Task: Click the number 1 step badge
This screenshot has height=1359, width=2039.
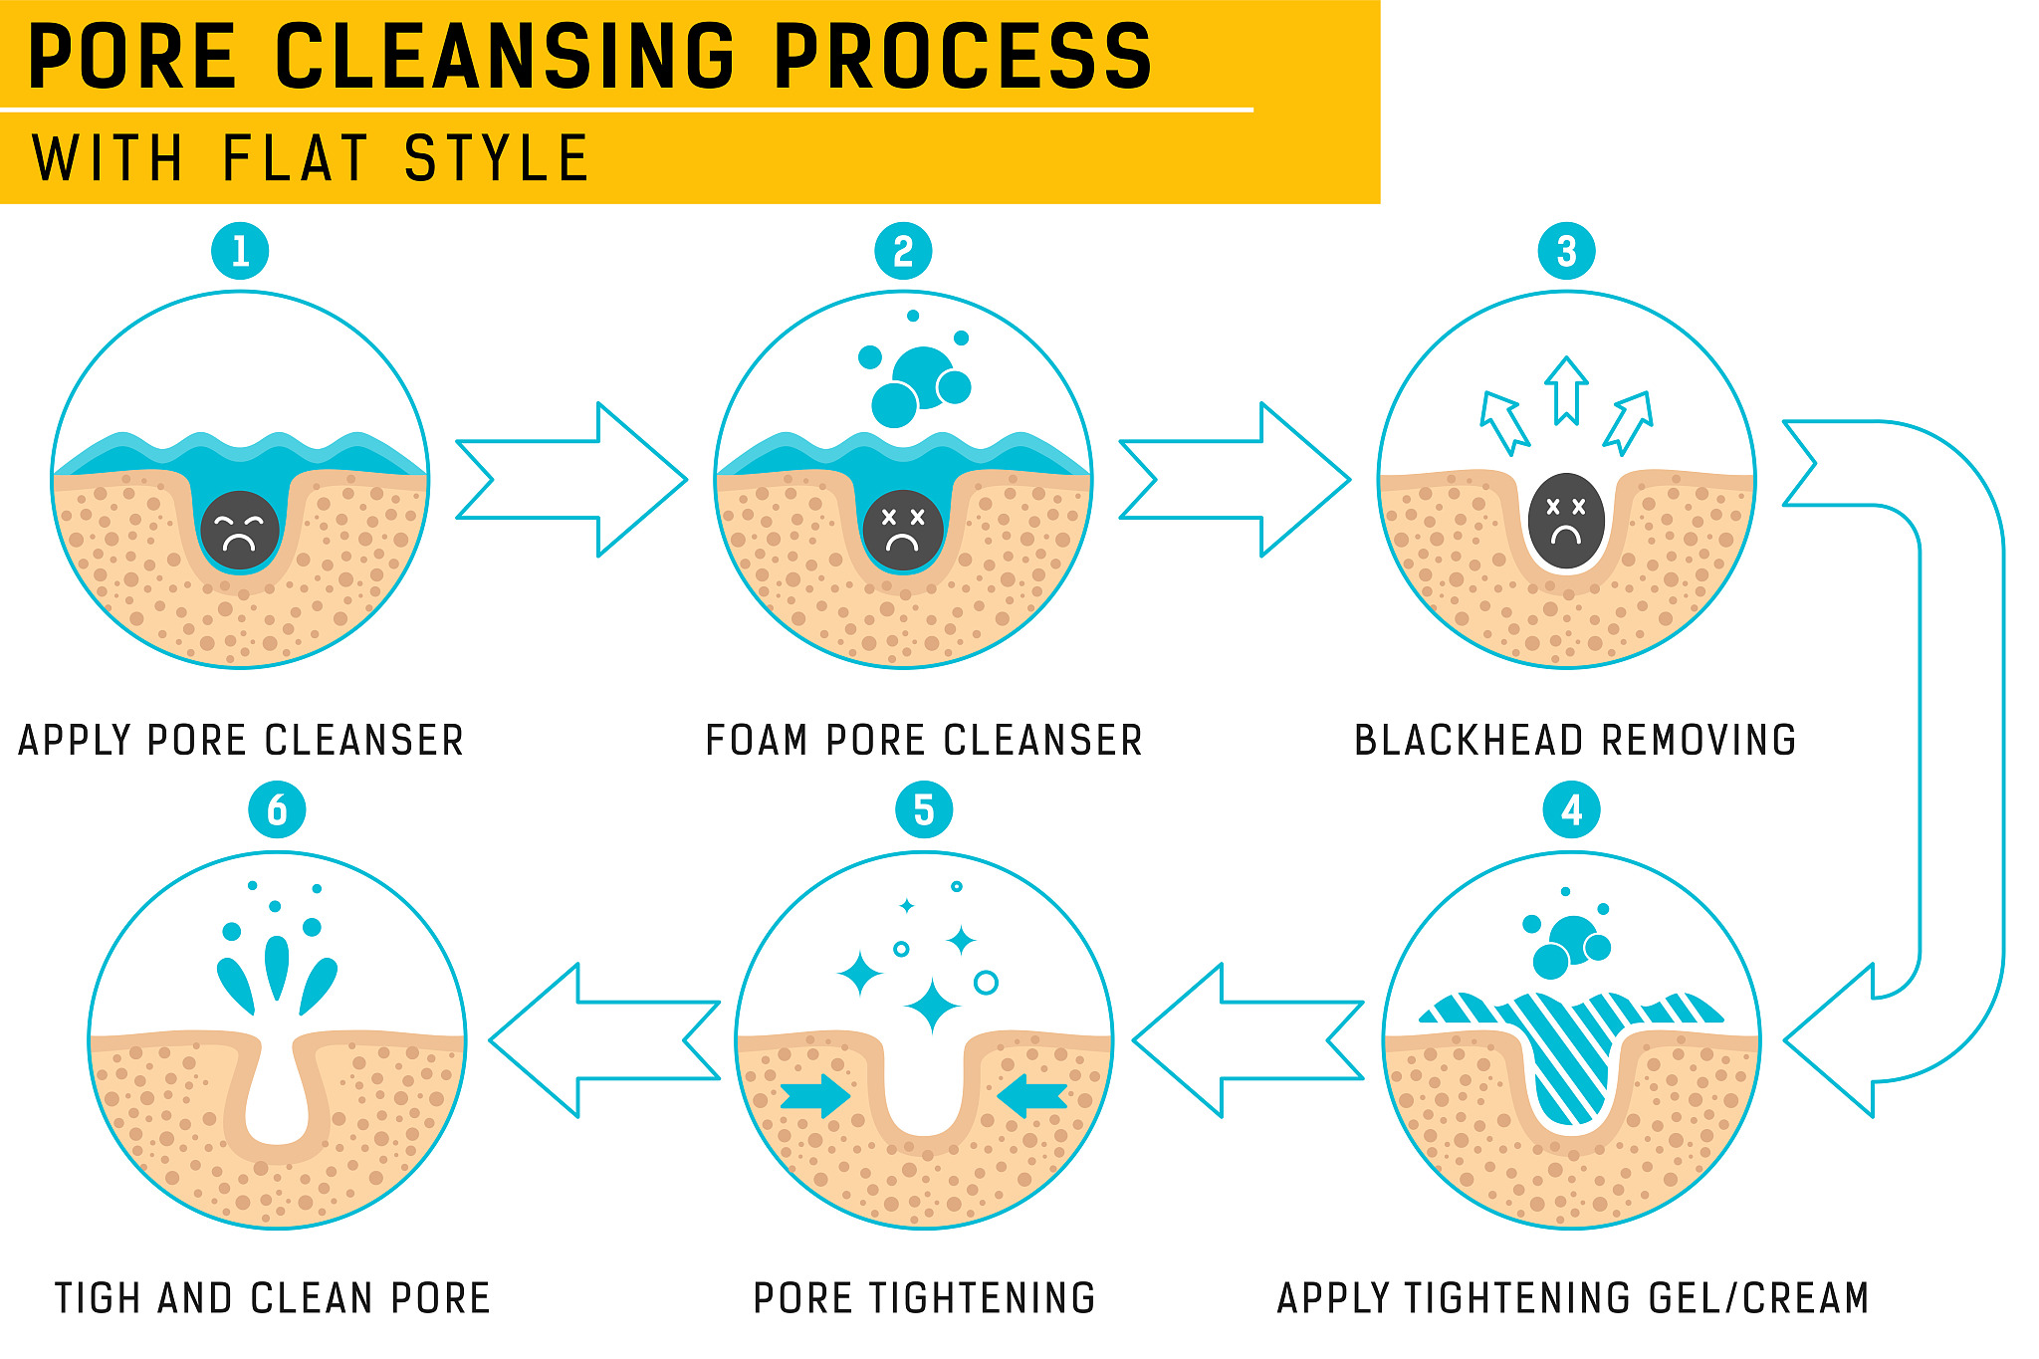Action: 240,251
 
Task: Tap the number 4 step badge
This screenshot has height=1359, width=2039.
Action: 1571,810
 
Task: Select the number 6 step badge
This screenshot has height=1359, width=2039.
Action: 277,810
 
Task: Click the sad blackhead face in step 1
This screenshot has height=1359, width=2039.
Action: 239,531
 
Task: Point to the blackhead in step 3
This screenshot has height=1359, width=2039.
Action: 1566,521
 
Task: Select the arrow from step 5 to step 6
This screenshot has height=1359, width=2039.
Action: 604,1040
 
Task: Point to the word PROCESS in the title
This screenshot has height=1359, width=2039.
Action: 963,57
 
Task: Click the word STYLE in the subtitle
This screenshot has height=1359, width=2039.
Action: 497,159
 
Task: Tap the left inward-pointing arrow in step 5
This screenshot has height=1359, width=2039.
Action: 815,1095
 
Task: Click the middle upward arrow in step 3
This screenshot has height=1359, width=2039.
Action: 1566,390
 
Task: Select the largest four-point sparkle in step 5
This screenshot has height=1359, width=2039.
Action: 932,1007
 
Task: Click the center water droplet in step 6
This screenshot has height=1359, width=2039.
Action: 277,966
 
